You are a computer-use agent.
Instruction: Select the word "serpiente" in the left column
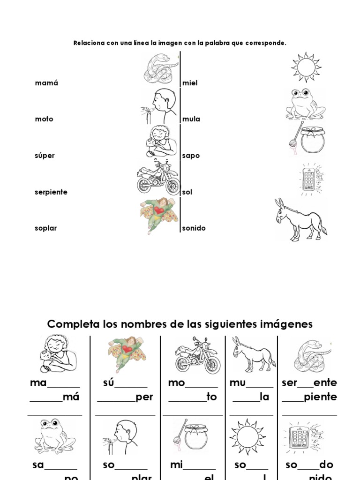[x=51, y=192]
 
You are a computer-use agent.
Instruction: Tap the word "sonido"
[x=194, y=228]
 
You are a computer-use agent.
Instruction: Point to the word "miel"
[x=190, y=83]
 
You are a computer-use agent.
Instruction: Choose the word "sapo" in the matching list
[x=191, y=156]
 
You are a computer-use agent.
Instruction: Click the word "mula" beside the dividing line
[x=191, y=119]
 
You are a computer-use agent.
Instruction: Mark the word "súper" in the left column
[x=45, y=156]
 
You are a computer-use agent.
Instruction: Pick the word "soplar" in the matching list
[x=45, y=228]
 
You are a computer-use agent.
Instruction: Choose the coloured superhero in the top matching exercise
[x=159, y=215]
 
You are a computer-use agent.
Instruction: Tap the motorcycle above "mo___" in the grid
[x=197, y=355]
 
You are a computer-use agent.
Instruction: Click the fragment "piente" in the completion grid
[x=320, y=397]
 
